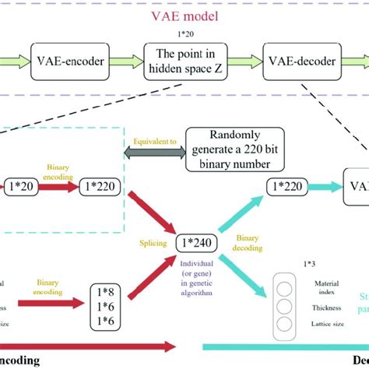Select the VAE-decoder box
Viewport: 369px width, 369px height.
299,60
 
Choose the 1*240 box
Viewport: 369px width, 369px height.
198,241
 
